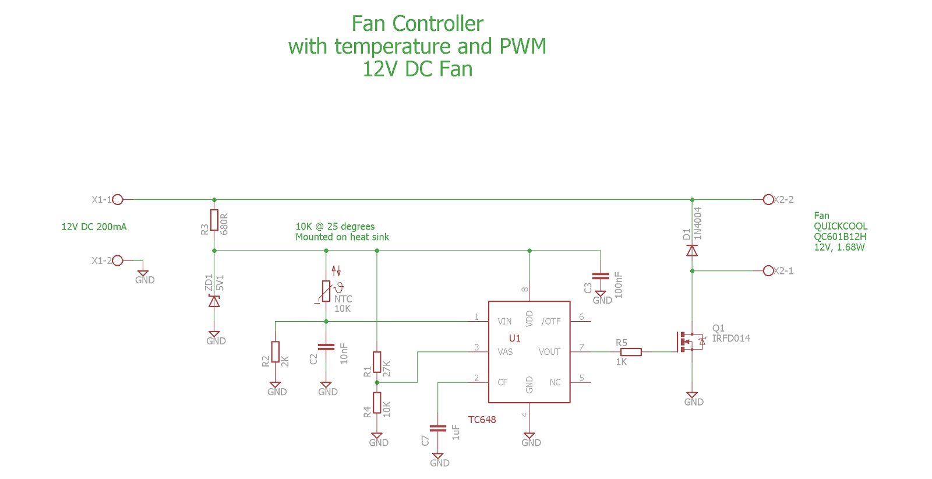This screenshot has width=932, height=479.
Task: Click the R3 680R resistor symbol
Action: pos(214,220)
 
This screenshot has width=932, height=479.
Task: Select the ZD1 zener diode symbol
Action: pos(214,301)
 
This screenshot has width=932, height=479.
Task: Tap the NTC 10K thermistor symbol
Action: pos(326,291)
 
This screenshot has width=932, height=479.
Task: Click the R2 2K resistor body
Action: pos(275,351)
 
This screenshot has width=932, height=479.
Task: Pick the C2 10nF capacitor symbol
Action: pos(326,347)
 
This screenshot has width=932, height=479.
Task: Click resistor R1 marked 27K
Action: pos(377,362)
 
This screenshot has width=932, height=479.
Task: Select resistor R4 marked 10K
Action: pos(377,403)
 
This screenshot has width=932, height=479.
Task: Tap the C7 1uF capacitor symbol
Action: pos(437,428)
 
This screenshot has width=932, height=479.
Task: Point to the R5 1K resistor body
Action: pos(631,352)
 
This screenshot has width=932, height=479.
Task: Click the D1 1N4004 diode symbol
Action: pos(692,251)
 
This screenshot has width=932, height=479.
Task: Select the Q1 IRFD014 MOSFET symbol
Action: pos(690,341)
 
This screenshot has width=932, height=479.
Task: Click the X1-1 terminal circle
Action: pos(118,200)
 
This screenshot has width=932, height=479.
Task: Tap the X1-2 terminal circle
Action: pos(118,260)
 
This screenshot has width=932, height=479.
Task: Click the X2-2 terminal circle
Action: pos(768,200)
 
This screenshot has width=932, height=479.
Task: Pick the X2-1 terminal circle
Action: pos(768,271)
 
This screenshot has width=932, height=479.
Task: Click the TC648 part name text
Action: pos(482,420)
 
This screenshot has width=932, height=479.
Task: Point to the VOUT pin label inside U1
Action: pos(549,352)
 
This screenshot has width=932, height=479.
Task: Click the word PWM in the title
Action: pos(523,47)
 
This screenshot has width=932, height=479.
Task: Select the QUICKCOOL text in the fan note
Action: pos(841,226)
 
